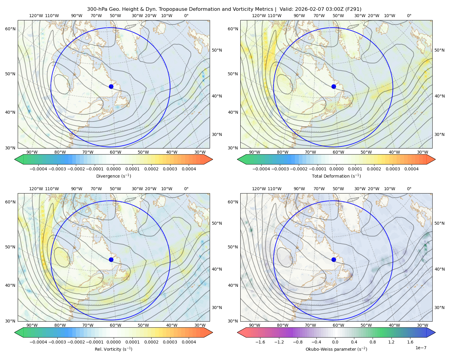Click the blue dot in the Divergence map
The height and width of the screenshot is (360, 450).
[111, 86]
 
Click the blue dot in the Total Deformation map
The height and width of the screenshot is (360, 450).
[334, 86]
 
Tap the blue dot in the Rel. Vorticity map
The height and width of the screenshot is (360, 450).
[111, 259]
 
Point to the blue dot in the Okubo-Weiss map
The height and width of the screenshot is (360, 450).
[334, 259]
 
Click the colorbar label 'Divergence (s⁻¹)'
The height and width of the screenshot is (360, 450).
[113, 176]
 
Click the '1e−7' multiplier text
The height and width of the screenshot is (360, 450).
[421, 348]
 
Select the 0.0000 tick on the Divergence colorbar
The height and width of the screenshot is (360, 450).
[113, 169]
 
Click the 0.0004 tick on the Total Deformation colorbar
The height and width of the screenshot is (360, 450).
[411, 169]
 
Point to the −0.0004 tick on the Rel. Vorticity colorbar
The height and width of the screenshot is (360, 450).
[38, 342]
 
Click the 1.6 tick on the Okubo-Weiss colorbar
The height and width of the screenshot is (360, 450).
[410, 342]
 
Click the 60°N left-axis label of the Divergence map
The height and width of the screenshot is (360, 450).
[10, 29]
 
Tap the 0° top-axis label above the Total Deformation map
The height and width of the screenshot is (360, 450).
[409, 16]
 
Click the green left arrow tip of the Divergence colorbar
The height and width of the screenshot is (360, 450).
[15, 159]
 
